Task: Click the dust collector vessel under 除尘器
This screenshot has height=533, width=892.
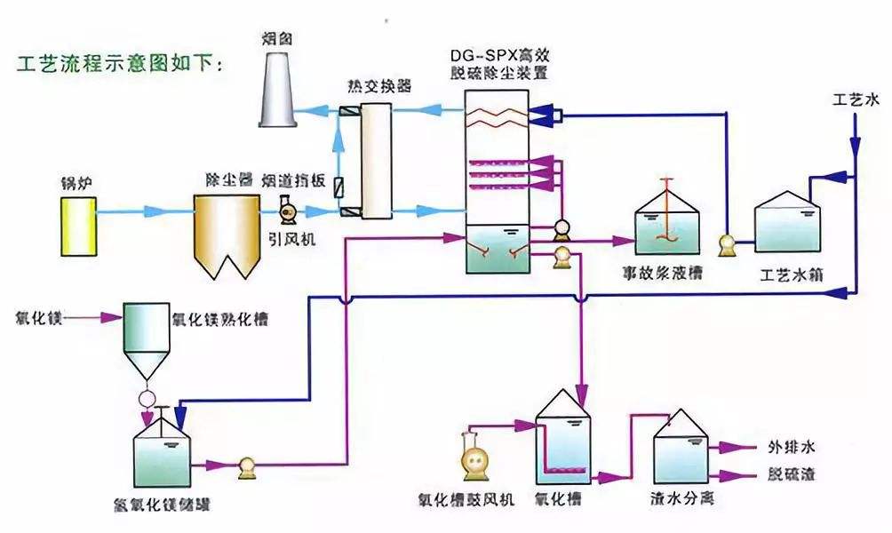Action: tap(224, 231)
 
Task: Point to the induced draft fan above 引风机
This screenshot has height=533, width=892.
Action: tap(287, 212)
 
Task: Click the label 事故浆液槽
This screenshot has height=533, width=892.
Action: tap(665, 272)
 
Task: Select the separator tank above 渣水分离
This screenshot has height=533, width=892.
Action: tap(681, 453)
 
